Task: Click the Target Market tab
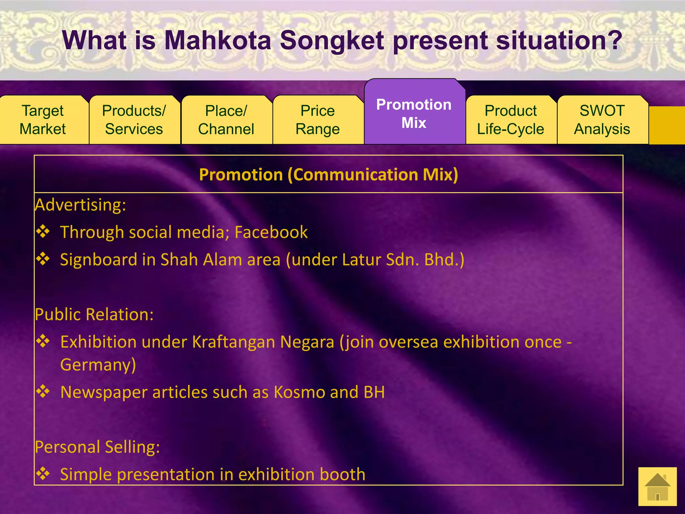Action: tap(43, 120)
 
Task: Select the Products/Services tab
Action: tap(134, 120)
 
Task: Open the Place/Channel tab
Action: tap(226, 120)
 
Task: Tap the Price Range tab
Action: tap(318, 120)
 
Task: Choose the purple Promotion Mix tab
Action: tap(414, 113)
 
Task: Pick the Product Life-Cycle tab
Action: tap(511, 120)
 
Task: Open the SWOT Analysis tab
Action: tap(602, 120)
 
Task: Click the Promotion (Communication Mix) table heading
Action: tap(328, 175)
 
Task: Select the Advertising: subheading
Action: tap(81, 205)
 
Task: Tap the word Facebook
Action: tap(271, 232)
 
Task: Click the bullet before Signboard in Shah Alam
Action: tap(43, 259)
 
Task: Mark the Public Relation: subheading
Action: tap(94, 315)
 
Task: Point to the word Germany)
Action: tap(98, 365)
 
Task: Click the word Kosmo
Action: tap(299, 392)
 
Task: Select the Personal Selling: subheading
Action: tap(98, 447)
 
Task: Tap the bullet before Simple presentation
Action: tap(43, 474)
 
